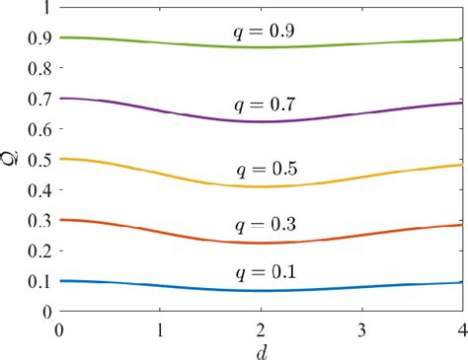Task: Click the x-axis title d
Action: (x=261, y=349)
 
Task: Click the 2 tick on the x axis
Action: (x=261, y=326)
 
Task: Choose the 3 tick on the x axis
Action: (x=361, y=326)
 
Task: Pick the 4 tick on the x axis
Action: (x=460, y=326)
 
